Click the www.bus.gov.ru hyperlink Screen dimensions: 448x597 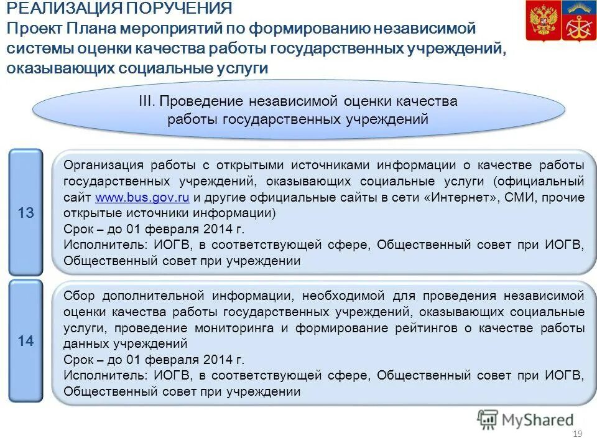coord(142,198)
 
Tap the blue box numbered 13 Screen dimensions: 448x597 coord(25,213)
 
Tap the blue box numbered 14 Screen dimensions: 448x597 coord(25,341)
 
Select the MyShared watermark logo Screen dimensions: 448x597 coord(525,420)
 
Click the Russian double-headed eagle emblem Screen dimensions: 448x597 coord(542,21)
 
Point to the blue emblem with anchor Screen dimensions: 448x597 coord(578,21)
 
